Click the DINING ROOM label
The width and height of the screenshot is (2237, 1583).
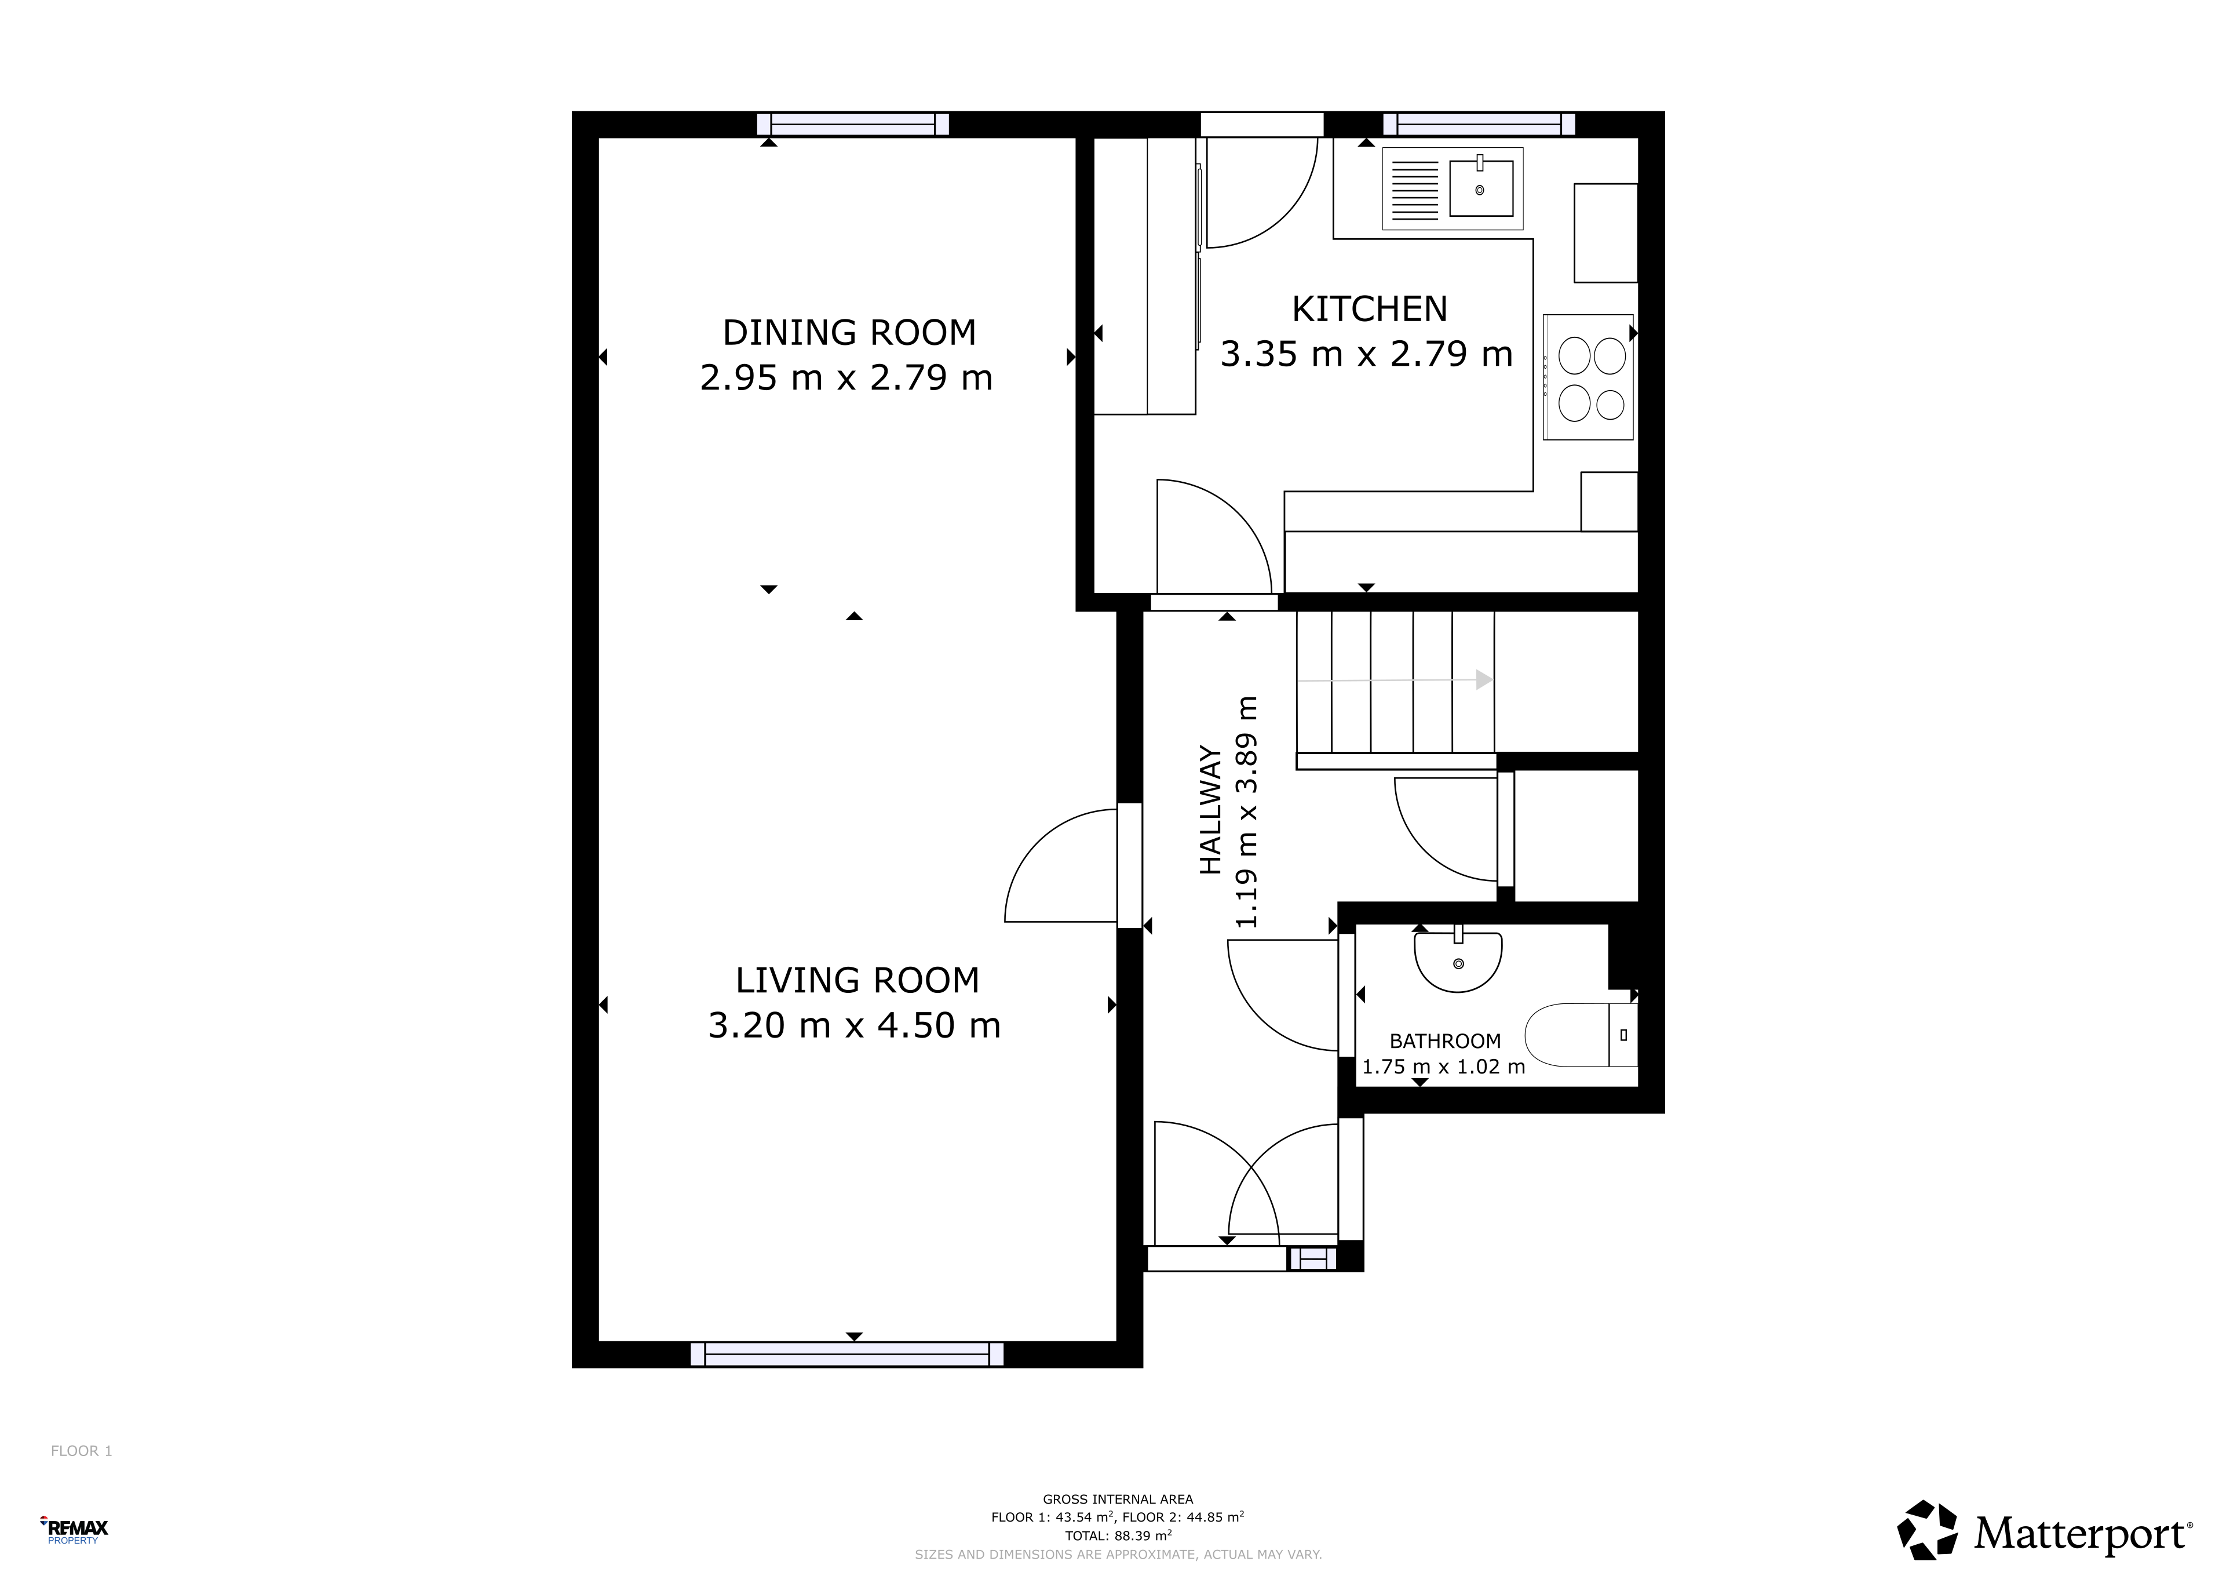click(x=849, y=332)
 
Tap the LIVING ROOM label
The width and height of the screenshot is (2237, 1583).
click(x=857, y=980)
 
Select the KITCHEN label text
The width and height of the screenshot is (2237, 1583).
click(x=1369, y=309)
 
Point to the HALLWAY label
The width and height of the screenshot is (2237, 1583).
click(x=1210, y=810)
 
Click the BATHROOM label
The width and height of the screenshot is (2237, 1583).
click(x=1445, y=1041)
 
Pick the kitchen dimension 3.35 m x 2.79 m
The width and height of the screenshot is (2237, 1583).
click(x=1367, y=354)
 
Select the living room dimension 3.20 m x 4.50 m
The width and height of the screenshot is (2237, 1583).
click(x=855, y=1025)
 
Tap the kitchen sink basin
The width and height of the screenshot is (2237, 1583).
click(x=1481, y=188)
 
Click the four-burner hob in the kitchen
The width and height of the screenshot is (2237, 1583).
click(x=1588, y=377)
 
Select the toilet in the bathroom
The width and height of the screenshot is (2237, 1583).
click(x=1581, y=1034)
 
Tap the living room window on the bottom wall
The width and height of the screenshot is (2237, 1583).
click(x=846, y=1354)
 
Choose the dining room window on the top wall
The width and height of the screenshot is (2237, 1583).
click(x=852, y=124)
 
